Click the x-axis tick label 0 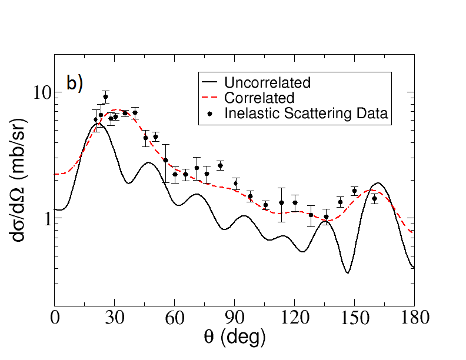click(55, 318)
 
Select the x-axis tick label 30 click(115, 318)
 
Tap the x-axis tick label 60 click(175, 318)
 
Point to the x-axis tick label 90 click(234, 318)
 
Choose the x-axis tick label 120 click(294, 318)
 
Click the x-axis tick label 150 click(354, 318)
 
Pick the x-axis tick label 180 click(414, 318)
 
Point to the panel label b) click(75, 84)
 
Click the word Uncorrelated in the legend click(267, 82)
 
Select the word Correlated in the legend click(259, 98)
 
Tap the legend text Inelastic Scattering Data click(306, 114)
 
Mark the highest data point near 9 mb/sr click(105, 97)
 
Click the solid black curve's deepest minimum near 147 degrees click(348, 272)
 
